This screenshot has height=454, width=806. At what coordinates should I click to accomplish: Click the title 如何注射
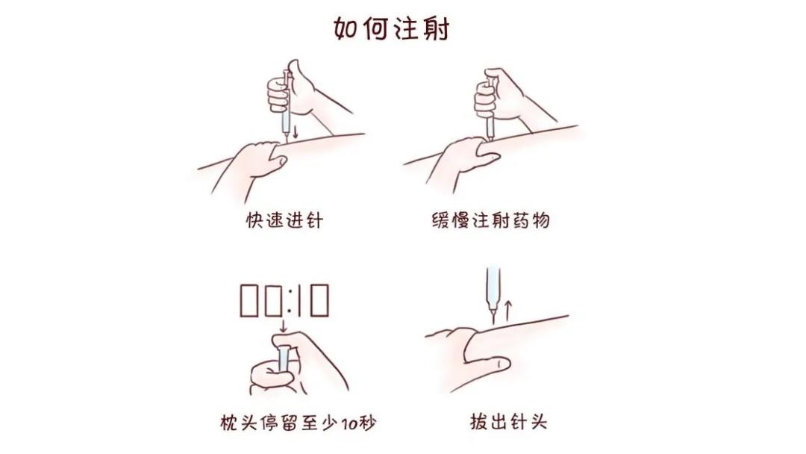(x=390, y=28)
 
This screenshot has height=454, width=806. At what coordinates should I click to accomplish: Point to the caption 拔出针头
(x=508, y=421)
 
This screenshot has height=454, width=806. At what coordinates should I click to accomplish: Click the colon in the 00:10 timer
(x=284, y=300)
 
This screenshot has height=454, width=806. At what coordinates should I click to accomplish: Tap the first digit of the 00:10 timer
(x=249, y=300)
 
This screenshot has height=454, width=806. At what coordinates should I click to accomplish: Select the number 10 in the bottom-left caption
(x=348, y=424)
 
